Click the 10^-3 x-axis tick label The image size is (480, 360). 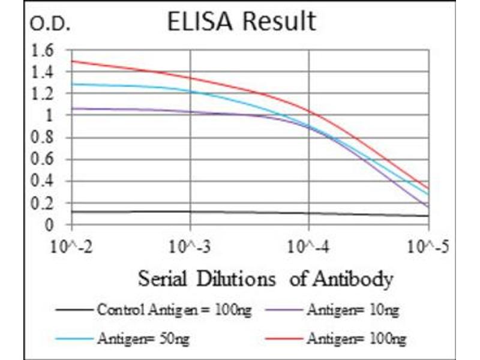tap(190, 246)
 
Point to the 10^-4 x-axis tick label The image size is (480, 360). tap(308, 246)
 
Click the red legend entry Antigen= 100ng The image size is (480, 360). tap(356, 339)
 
